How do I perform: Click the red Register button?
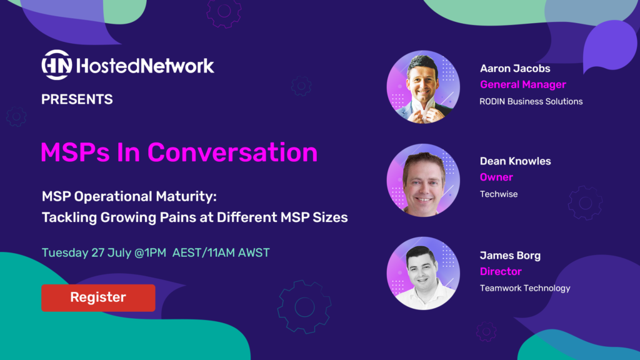98,298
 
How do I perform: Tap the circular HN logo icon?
57,65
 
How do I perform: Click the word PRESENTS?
77,99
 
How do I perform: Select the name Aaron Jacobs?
515,69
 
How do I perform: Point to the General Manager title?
523,85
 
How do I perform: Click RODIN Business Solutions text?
531,101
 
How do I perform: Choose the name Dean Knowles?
516,161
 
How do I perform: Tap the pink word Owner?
496,177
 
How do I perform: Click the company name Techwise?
499,194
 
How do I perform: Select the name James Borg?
510,256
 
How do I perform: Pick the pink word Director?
501,271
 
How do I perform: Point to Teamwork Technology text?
525,288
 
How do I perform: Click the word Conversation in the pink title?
232,152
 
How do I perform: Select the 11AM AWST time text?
239,252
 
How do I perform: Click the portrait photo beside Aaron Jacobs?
423,87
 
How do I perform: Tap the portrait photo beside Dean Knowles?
423,180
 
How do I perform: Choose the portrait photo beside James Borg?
423,273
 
